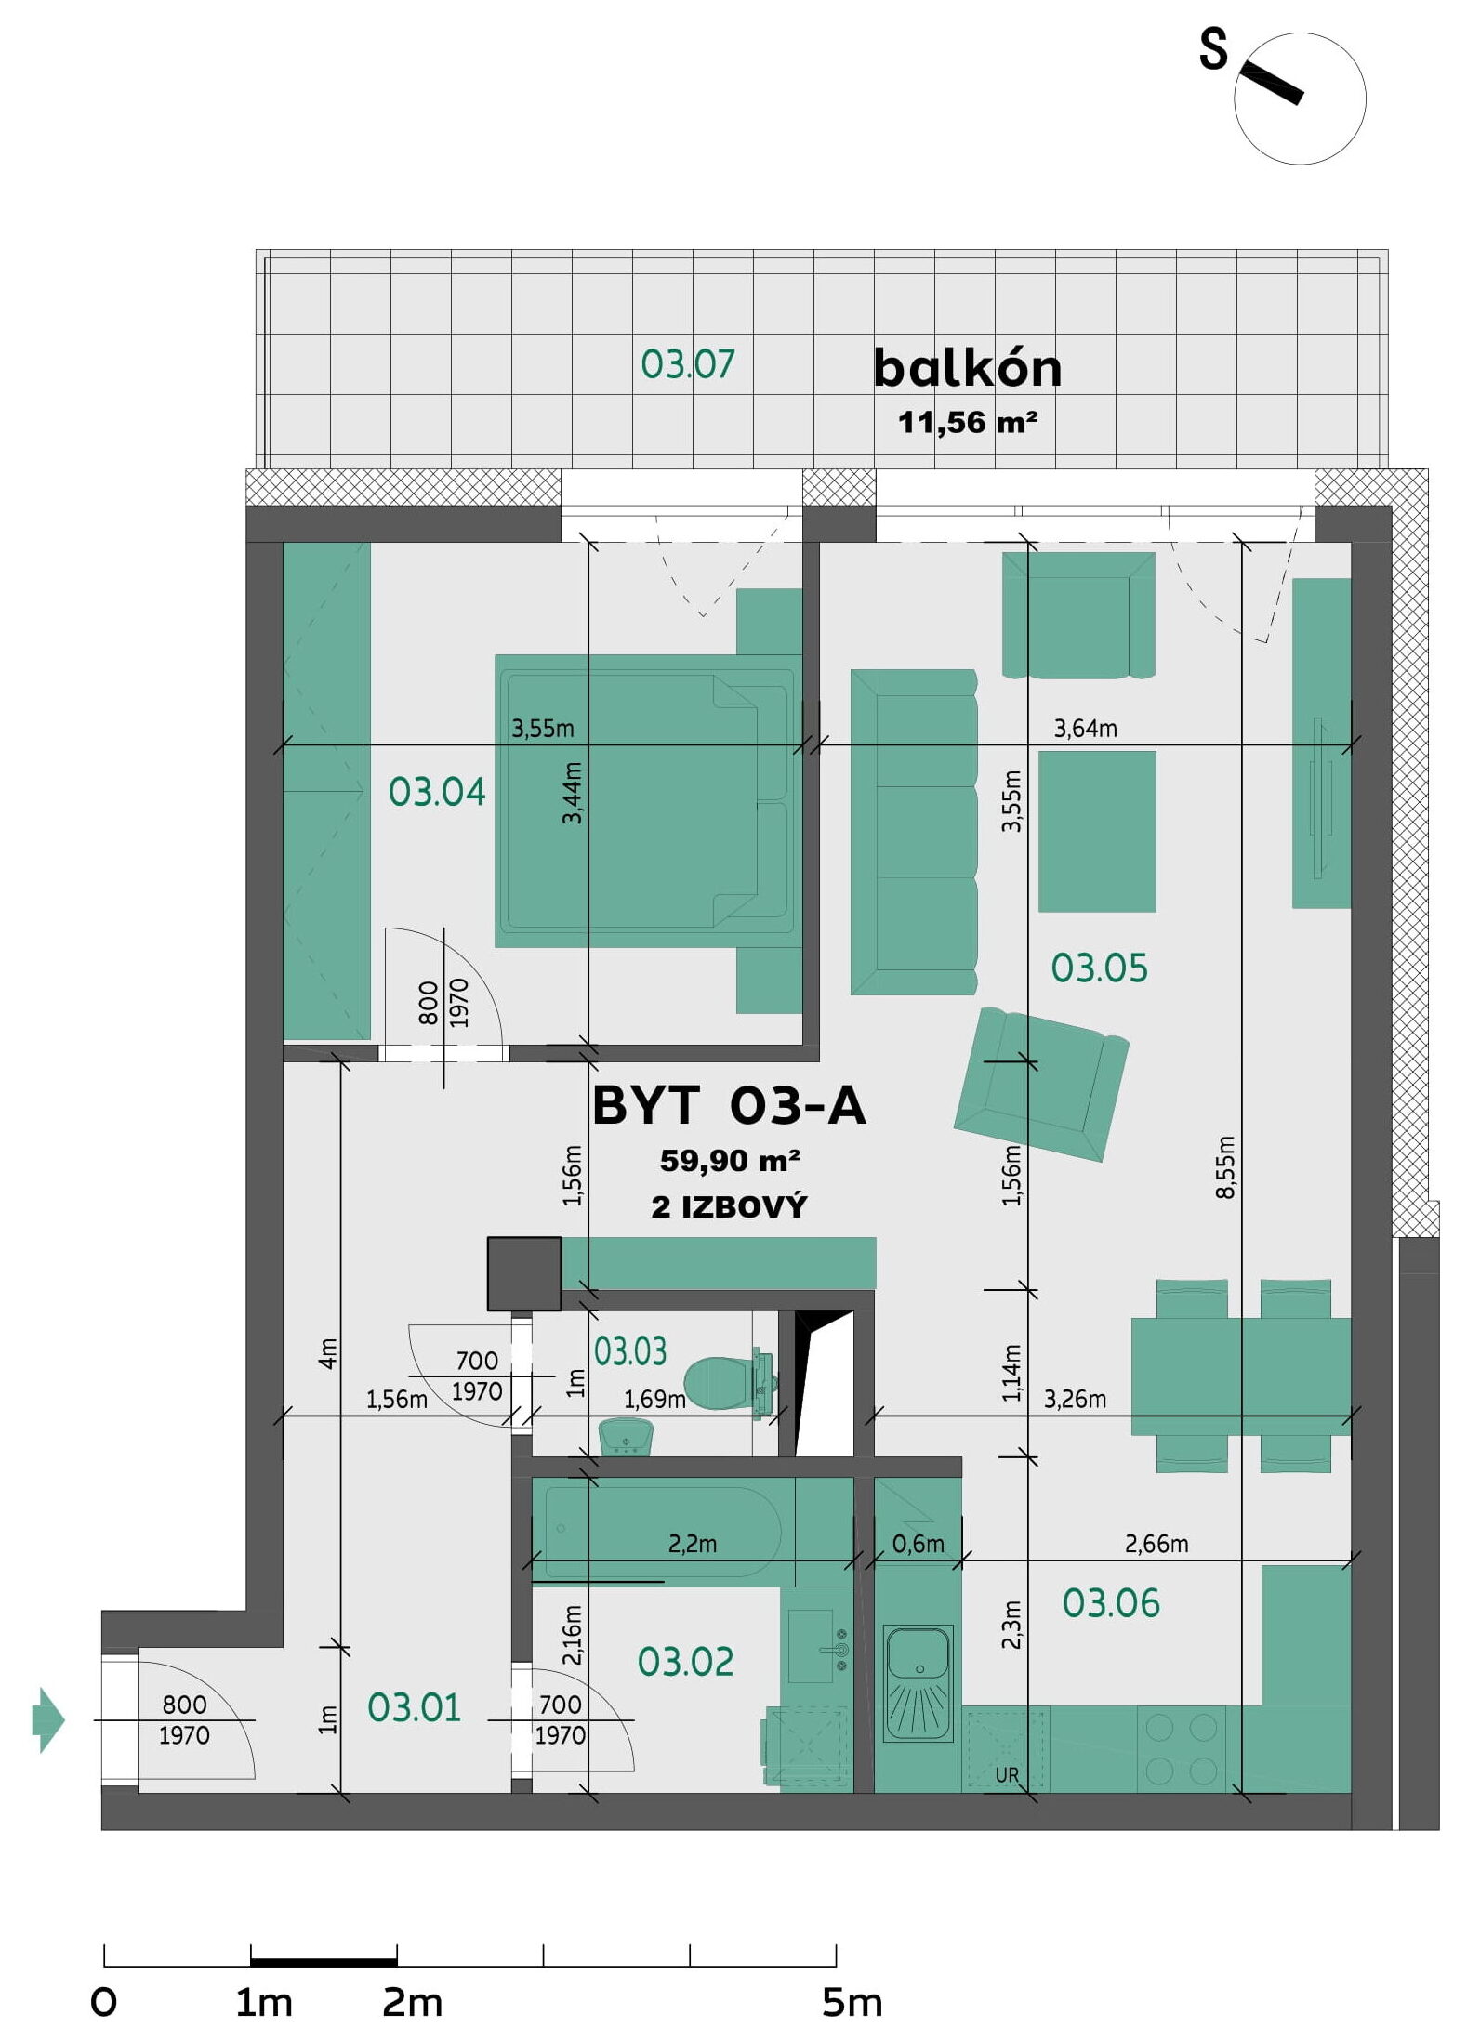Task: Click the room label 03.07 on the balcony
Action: [687, 363]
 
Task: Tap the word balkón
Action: [967, 368]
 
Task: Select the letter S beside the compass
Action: [1213, 49]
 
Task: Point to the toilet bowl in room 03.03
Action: [728, 1382]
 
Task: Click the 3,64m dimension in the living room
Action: [1085, 729]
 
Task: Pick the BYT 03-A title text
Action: [729, 1106]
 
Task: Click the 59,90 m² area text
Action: [730, 1161]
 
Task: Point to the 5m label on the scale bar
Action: [852, 2004]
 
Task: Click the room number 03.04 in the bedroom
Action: [437, 792]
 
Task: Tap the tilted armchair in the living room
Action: [1041, 1084]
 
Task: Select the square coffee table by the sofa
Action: [1097, 831]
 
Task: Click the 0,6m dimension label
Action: [918, 1544]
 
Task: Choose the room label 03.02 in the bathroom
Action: [685, 1662]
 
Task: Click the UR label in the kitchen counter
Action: [1007, 1775]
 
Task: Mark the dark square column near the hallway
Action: [524, 1273]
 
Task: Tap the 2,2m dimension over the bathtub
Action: [693, 1544]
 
